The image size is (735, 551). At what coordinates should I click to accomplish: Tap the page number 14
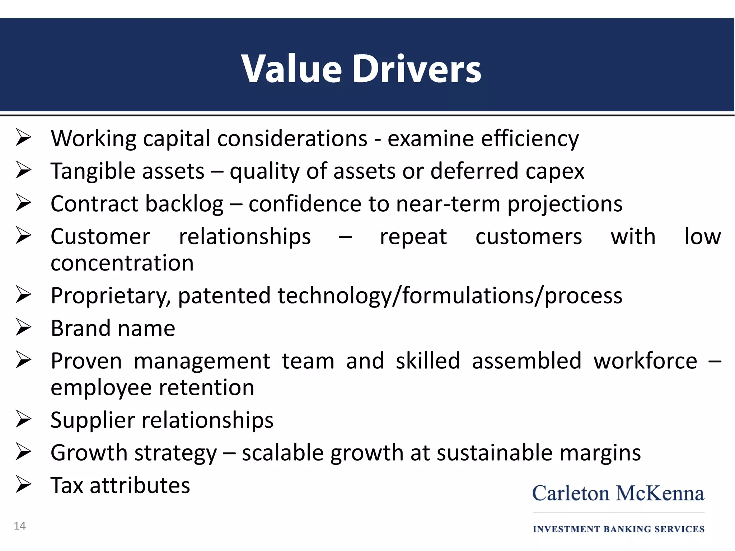pos(20,526)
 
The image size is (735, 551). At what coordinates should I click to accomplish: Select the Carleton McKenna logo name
pos(618,493)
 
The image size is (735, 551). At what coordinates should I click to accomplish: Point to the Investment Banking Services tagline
pos(618,529)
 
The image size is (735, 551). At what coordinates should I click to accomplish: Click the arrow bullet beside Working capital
pos(24,138)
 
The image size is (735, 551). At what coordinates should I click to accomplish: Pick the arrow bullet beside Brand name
pos(24,328)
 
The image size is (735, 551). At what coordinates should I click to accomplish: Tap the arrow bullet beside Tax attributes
pos(24,485)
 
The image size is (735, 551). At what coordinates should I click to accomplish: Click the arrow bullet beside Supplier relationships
pos(24,420)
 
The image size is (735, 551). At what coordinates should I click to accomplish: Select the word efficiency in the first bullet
pos(530,139)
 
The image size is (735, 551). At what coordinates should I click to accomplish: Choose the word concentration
pos(122,263)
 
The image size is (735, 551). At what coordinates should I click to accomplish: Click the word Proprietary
pos(111,296)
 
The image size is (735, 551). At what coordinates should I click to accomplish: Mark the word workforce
pos(645,361)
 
